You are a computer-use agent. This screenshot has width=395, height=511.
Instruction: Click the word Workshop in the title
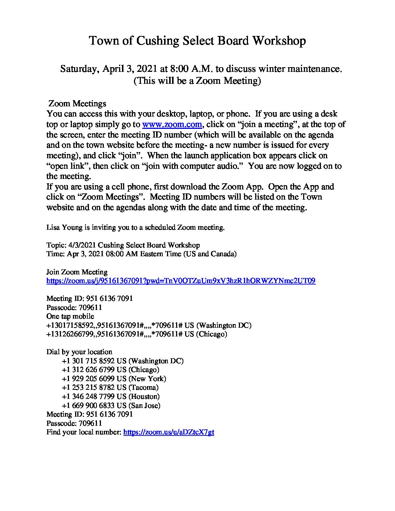pos(279,41)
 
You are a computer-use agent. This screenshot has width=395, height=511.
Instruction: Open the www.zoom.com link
pos(172,124)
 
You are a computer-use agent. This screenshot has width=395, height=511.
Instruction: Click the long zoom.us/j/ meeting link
pos(181,281)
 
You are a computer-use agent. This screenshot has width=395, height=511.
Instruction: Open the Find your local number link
pos(169,432)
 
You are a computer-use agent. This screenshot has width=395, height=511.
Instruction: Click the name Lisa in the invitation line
pos(53,228)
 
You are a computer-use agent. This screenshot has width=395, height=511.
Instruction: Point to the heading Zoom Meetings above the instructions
pos(77,104)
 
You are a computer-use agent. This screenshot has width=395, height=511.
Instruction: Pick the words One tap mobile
pos(70,316)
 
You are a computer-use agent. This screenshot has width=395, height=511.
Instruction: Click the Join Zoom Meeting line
pos(77,272)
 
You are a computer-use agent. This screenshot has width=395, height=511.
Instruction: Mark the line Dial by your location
pos(79,352)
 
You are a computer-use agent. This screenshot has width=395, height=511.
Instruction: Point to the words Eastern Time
pos(160,254)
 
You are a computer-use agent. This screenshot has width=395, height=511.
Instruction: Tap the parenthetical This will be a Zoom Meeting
pos(197,80)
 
